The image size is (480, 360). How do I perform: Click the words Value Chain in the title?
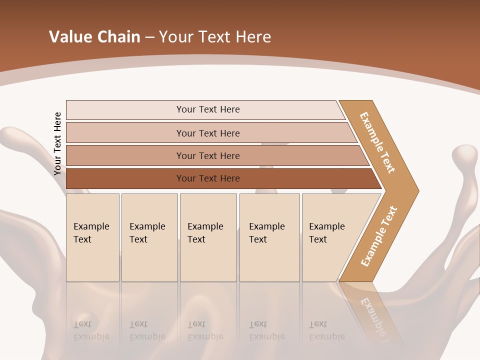[x=94, y=37]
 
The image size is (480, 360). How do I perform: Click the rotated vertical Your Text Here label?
[x=57, y=143]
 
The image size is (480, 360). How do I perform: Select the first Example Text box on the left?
[x=92, y=237]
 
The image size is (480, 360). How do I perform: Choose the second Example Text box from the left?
[x=149, y=237]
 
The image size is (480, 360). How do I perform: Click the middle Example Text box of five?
[x=208, y=237]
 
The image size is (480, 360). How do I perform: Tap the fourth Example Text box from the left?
[x=269, y=237]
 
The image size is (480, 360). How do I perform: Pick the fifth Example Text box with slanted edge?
[x=330, y=237]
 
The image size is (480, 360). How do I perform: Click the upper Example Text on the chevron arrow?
[x=377, y=142]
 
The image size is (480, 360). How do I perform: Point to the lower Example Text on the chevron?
[x=379, y=236]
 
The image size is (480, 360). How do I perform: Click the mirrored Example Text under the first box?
[x=91, y=330]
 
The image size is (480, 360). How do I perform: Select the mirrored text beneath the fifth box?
[x=327, y=330]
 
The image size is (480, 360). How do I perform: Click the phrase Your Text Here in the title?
[x=215, y=37]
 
